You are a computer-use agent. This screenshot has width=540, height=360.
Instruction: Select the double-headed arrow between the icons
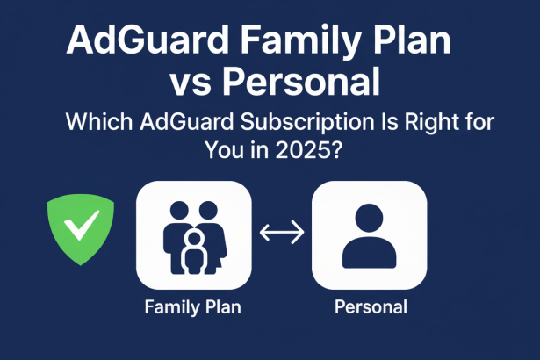pos(283,234)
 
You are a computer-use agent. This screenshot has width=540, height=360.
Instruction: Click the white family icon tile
pos(195,234)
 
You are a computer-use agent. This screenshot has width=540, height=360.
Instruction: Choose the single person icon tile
pos(370,234)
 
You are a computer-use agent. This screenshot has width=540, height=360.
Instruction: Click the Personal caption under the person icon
pos(371,307)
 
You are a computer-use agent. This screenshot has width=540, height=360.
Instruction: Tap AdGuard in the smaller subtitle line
pos(178,122)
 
